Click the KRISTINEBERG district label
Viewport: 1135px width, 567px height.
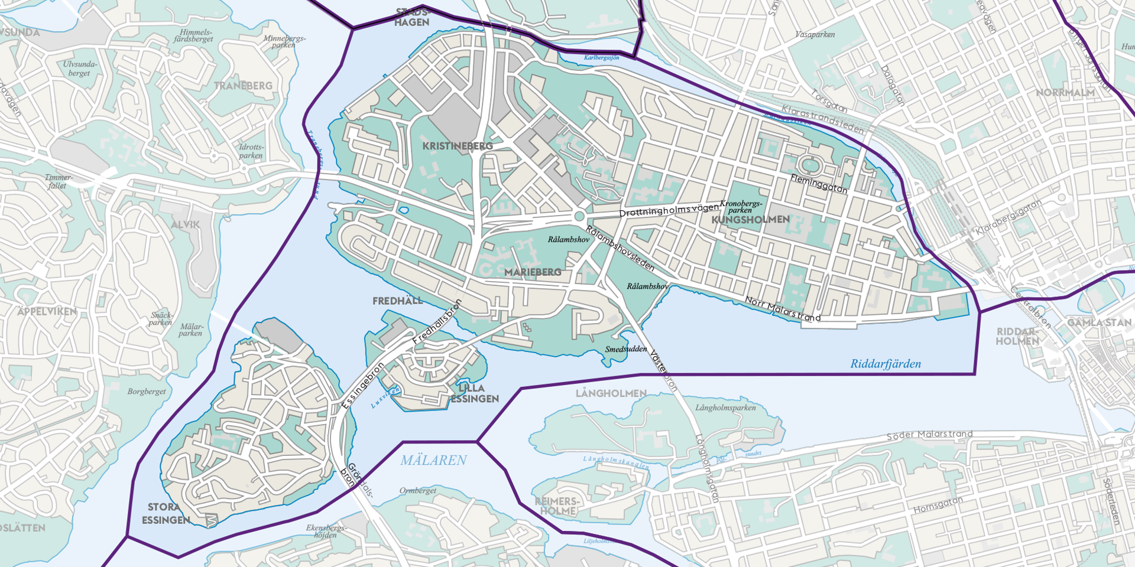457,146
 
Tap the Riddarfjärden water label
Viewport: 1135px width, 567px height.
885,364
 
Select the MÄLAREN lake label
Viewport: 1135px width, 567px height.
433,460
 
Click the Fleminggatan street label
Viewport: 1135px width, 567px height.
819,184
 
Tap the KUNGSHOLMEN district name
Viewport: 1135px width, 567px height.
750,220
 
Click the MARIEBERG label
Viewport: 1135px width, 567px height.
533,272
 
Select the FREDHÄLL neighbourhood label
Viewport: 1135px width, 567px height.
397,301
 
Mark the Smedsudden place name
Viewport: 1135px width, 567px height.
625,349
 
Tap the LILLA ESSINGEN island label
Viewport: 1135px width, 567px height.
474,393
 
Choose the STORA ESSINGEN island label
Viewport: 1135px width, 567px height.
166,514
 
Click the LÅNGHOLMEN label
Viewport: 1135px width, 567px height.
611,393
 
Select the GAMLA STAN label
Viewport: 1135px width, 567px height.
1098,322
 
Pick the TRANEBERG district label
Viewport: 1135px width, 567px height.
243,86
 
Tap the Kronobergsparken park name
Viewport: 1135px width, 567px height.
741,207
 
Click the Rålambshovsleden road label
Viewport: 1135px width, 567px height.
620,249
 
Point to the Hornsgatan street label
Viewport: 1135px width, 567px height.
938,505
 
